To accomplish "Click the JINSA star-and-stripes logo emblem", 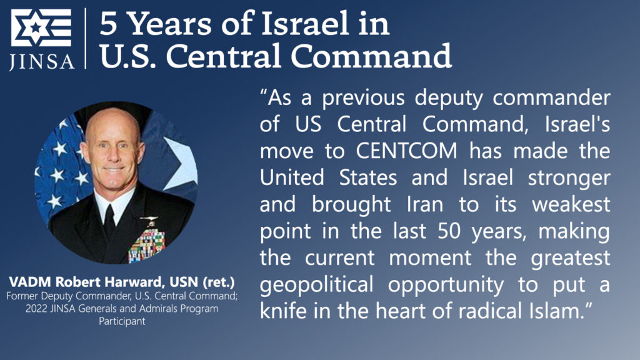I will [x=41, y=29].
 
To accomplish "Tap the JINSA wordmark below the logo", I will [x=41, y=61].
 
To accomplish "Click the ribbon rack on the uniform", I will [x=147, y=244].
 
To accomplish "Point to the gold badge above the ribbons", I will [x=149, y=220].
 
